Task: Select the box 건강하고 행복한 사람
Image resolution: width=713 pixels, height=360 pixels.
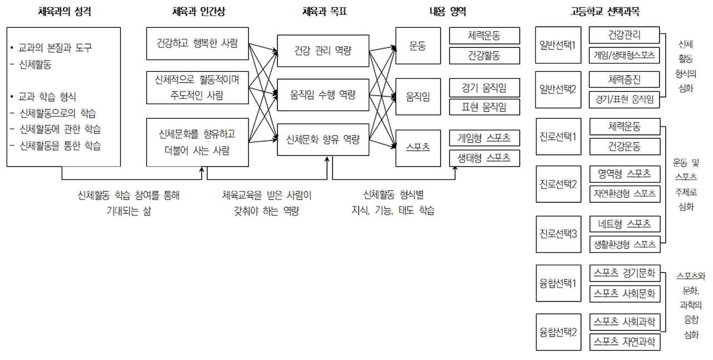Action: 197,43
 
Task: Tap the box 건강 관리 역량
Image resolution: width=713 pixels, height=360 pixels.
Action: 323,51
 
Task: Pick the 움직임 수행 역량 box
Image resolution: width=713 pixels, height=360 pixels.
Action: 323,95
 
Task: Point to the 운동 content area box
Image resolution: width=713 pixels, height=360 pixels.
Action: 418,46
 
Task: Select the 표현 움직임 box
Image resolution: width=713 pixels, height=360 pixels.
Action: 484,107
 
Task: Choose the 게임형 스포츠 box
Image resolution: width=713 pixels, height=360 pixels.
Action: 484,138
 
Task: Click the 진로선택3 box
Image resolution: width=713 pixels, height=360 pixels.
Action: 558,233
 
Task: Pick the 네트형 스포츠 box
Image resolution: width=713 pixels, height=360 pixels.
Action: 624,224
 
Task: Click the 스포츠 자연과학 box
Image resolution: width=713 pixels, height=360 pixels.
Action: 624,341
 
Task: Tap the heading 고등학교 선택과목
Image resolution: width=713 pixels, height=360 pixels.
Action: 605,11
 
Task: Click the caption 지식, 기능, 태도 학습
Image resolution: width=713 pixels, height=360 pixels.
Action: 393,211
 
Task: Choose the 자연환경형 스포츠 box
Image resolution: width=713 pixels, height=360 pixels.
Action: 624,193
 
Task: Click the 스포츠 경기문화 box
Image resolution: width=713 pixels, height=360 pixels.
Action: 624,274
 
